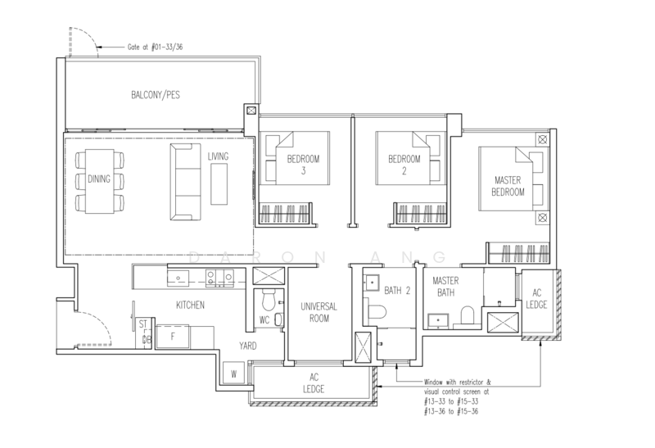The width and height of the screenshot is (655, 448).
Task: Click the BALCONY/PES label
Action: coord(156,95)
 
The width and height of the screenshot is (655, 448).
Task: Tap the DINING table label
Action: coord(99,179)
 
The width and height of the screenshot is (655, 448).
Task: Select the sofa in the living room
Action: coord(185,182)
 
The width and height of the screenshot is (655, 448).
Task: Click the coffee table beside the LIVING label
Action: coord(219,184)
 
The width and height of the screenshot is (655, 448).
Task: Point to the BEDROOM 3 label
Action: coord(303,165)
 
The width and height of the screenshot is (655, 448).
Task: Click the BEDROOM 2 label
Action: coord(404,165)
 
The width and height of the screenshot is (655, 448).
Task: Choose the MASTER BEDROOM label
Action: coord(508,186)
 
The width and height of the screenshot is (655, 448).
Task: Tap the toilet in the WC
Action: coord(269,299)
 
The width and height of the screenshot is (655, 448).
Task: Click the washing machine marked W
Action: coord(233,373)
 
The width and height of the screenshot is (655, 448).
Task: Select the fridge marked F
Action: coord(173,337)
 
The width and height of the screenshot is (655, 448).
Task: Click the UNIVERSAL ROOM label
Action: coord(318,312)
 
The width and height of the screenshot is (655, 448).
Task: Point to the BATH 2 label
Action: coord(397,290)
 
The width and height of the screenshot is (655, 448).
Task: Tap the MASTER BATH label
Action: coord(445,287)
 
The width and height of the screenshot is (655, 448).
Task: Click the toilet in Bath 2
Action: coord(375,311)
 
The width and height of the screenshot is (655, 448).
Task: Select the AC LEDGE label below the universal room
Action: coord(314,383)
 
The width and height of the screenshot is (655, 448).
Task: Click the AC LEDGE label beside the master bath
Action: coord(536,299)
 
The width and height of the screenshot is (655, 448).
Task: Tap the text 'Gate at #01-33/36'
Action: coord(155,47)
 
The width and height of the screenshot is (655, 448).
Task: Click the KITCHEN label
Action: coord(190,305)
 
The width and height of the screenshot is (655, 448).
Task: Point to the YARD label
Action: coord(248,346)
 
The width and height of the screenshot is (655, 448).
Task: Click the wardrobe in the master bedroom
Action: coord(519,253)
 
